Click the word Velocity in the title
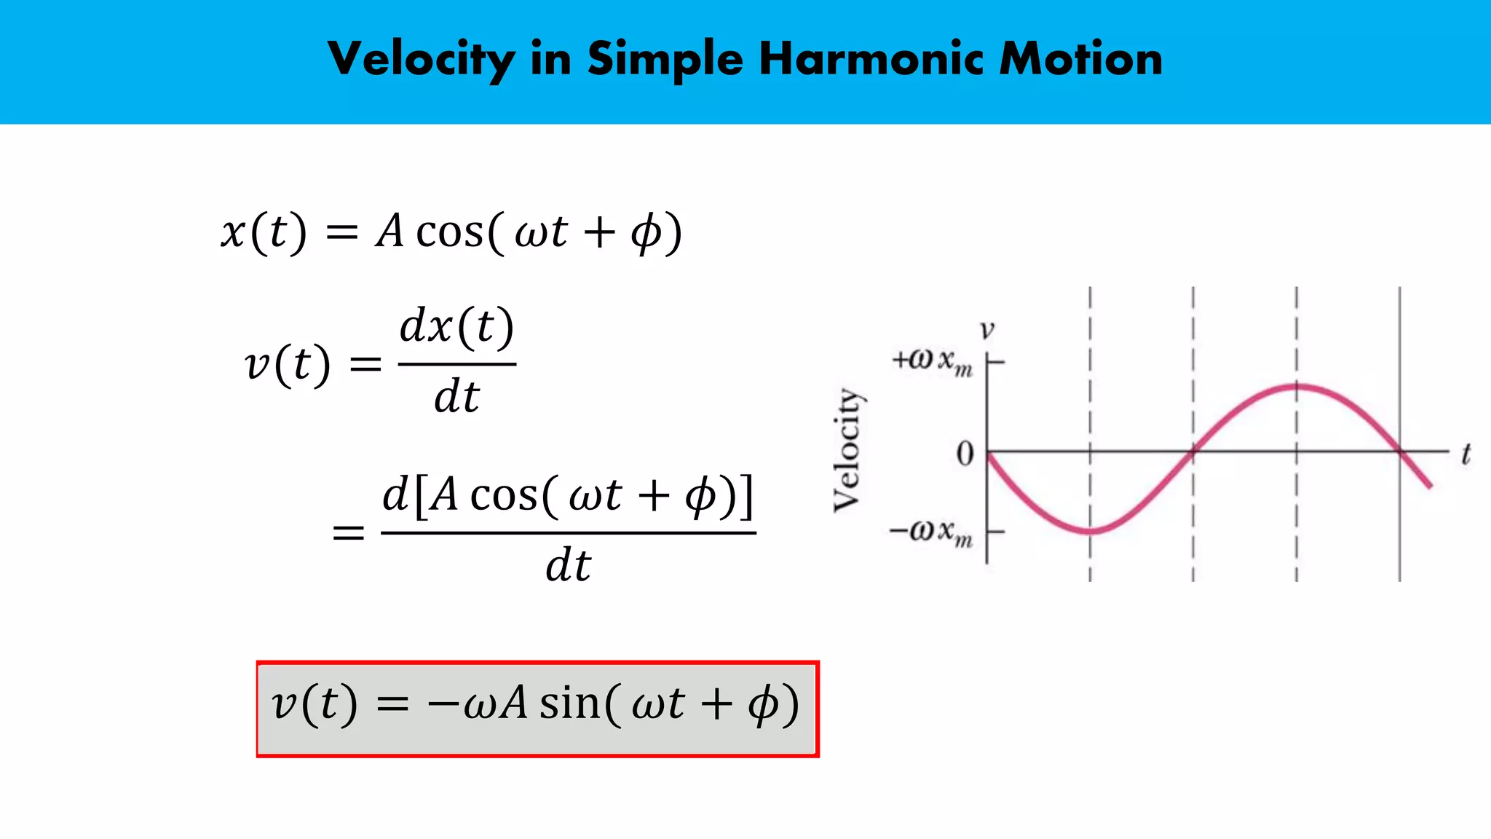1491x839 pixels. (x=421, y=60)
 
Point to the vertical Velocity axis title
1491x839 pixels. (x=847, y=449)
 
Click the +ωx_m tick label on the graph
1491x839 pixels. (x=933, y=361)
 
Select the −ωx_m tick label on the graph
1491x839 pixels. (x=931, y=532)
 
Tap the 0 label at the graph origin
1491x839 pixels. (x=965, y=454)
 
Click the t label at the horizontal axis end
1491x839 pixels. (x=1466, y=454)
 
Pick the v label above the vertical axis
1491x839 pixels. (x=986, y=331)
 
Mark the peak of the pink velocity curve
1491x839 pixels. (x=1297, y=386)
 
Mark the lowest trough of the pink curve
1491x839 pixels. (x=1091, y=531)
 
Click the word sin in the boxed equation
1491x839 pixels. (x=570, y=704)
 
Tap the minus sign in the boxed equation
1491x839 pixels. (x=442, y=705)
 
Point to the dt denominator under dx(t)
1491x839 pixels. (x=456, y=398)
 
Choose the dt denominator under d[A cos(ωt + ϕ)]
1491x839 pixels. (x=568, y=566)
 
